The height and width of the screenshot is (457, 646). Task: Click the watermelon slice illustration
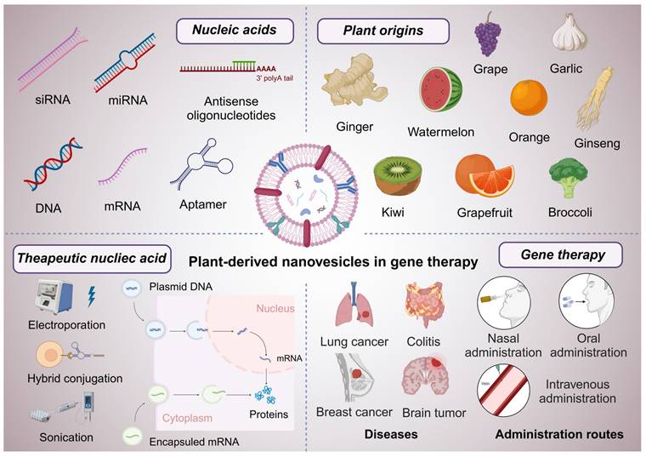point(440,90)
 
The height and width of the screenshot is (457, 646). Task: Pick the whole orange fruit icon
point(529,97)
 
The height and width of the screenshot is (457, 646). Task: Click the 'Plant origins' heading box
point(370,31)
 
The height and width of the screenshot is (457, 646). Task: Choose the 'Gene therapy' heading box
point(561,254)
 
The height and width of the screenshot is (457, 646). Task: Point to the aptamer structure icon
point(201,166)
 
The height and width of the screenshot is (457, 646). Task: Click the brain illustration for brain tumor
point(431,377)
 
